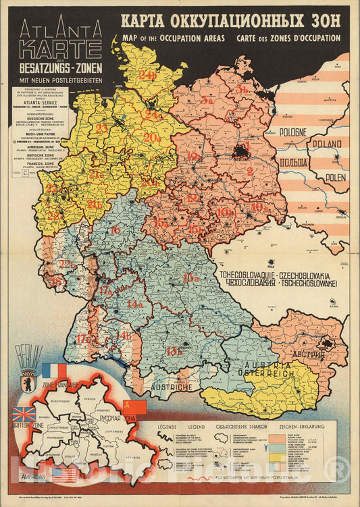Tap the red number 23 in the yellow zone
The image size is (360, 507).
coord(101,128)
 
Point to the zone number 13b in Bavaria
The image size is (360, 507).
coord(175,350)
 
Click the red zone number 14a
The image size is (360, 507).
coord(135,303)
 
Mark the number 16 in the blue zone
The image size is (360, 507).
coord(116,230)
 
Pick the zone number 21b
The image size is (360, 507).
coord(94,203)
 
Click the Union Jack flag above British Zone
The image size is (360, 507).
coord(24,414)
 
